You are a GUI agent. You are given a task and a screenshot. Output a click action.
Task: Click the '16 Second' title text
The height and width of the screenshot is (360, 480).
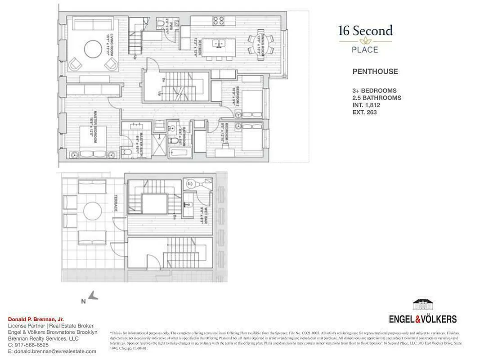click(x=365, y=31)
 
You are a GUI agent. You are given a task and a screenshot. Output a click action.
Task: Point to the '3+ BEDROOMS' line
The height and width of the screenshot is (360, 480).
click(x=374, y=90)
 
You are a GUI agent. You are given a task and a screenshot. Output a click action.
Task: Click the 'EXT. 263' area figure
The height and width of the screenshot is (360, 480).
click(x=364, y=112)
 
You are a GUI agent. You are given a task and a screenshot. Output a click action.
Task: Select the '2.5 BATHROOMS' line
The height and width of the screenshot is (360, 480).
click(x=377, y=98)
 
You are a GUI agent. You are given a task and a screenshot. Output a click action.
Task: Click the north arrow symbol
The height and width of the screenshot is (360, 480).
click(x=93, y=296)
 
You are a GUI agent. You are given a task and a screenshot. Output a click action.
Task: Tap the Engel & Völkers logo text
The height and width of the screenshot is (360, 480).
click(x=422, y=319)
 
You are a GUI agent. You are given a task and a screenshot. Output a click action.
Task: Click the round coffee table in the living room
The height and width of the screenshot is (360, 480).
click(x=93, y=49)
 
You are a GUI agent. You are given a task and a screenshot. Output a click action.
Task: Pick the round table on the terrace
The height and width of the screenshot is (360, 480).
click(x=93, y=211)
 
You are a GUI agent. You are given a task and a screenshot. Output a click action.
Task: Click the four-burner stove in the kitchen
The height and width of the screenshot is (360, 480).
click(x=219, y=21)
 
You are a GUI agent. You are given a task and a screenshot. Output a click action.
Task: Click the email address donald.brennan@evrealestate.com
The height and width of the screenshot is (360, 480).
click(x=52, y=351)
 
